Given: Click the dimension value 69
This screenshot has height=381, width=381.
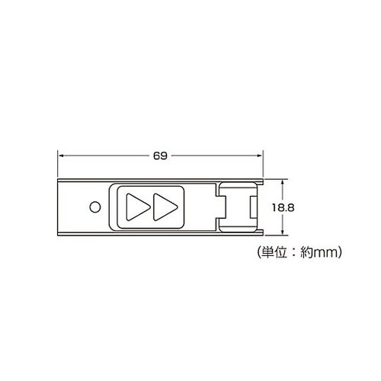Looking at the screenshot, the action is pos(160,155).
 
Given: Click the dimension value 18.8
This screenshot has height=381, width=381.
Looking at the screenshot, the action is pos(283,208).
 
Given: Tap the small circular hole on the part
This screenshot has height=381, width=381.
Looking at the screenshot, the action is pos(95,207).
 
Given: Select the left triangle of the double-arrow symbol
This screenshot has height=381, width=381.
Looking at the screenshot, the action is pos(138,207).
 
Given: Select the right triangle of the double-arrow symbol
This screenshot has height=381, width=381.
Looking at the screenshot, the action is pos(165,207).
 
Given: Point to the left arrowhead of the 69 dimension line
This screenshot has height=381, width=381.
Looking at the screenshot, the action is pos(61,155).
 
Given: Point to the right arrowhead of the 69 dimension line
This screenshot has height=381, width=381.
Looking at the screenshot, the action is pos(260,155).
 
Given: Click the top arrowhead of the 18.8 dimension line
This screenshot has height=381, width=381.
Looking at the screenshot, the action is pos(283,183).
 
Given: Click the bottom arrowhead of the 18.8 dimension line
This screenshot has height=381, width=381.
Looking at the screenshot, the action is pos(283,232).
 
